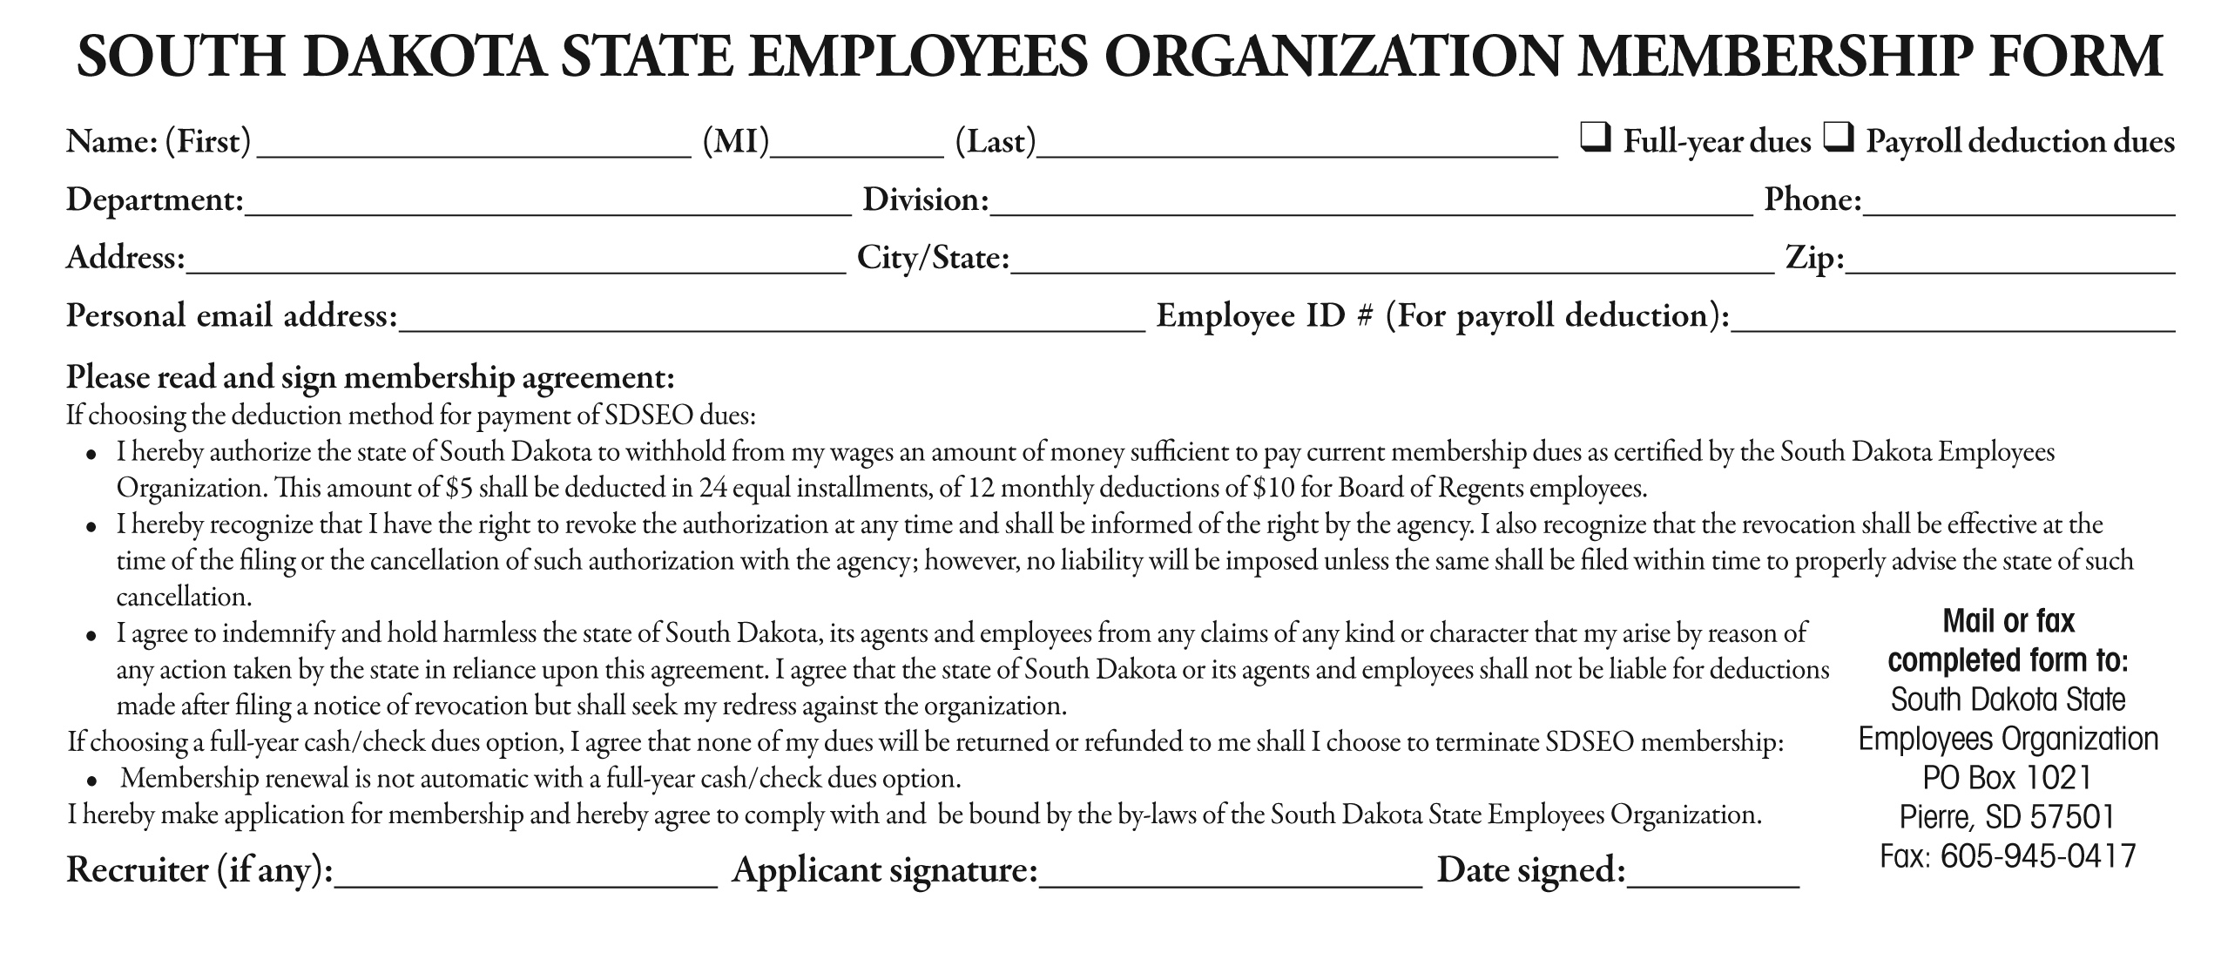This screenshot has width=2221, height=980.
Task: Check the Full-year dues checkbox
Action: click(x=1595, y=139)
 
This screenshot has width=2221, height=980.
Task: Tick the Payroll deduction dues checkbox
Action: click(x=1837, y=139)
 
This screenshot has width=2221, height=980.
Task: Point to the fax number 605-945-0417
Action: click(x=2038, y=855)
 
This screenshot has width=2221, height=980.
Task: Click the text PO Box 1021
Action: click(x=2007, y=777)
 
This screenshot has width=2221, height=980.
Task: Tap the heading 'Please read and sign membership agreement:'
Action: click(x=370, y=377)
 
